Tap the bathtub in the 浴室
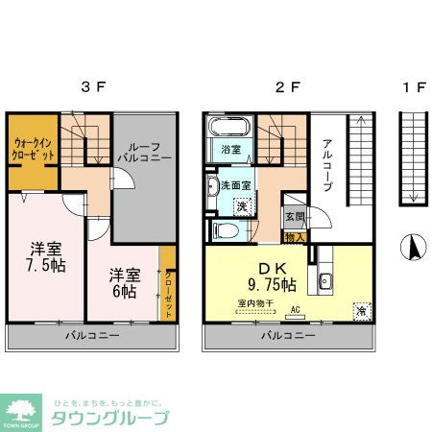[229, 128]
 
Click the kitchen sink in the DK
[325, 281]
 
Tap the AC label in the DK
[295, 308]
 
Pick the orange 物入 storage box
[296, 236]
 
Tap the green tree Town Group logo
[22, 410]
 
